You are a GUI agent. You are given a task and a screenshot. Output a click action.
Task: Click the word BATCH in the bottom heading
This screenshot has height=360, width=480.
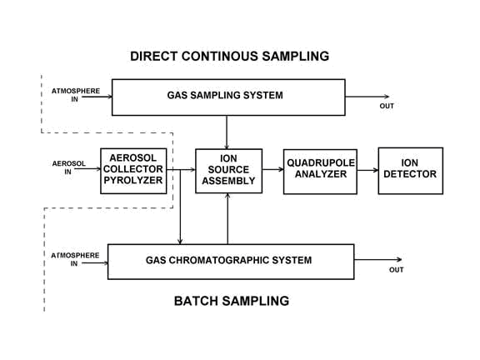pyautogui.click(x=195, y=301)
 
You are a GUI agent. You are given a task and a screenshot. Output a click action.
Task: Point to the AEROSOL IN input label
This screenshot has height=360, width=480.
pyautogui.click(x=68, y=167)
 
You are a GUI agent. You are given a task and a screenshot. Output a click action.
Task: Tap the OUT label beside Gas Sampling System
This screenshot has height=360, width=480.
pyautogui.click(x=387, y=106)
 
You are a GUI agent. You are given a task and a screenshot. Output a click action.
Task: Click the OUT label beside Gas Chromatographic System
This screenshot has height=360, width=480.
pyautogui.click(x=396, y=270)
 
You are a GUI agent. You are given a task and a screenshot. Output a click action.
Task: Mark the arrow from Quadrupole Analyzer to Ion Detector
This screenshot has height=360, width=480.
pyautogui.click(x=367, y=170)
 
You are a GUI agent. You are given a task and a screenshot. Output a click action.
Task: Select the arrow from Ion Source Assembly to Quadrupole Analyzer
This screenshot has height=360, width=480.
pyautogui.click(x=272, y=169)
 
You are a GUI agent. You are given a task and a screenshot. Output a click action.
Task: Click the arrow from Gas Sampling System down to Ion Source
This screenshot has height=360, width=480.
pyautogui.click(x=227, y=132)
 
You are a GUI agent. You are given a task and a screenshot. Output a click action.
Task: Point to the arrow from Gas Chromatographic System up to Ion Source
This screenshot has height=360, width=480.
pyautogui.click(x=227, y=218)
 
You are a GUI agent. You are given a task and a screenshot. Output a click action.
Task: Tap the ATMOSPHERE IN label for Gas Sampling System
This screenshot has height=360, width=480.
pyautogui.click(x=76, y=95)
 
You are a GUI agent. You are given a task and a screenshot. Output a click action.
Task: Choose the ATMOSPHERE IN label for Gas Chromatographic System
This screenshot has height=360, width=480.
pyautogui.click(x=75, y=259)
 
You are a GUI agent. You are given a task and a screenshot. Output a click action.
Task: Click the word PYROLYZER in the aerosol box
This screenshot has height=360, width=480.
pyautogui.click(x=133, y=180)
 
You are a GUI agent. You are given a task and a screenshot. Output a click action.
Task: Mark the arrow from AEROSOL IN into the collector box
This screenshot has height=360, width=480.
pyautogui.click(x=87, y=168)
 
